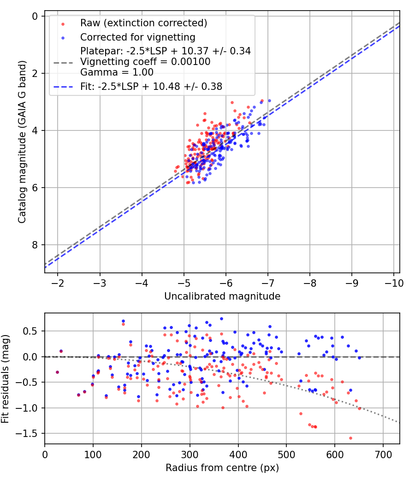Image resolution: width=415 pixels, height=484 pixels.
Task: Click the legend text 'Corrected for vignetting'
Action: pyautogui.click(x=138, y=37)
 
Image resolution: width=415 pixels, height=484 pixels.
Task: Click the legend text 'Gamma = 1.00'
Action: pyautogui.click(x=117, y=72)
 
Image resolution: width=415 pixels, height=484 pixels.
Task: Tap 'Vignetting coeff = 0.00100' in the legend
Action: pyautogui.click(x=145, y=62)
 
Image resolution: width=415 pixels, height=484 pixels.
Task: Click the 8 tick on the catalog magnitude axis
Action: pyautogui.click(x=35, y=245)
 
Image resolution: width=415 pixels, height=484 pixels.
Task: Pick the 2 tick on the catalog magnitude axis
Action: pyautogui.click(x=35, y=73)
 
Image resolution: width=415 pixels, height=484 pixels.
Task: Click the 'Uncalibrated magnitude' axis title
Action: pyautogui.click(x=222, y=296)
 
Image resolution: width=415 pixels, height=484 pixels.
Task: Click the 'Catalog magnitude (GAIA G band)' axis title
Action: pyautogui.click(x=22, y=144)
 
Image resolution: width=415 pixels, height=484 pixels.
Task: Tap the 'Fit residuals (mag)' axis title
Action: pyautogui.click(x=6, y=378)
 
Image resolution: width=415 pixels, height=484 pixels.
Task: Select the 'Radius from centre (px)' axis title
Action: pyautogui.click(x=222, y=468)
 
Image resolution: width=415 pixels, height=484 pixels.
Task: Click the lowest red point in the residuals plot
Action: pyautogui.click(x=350, y=438)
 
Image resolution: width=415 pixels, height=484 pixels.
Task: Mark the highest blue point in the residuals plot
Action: pyautogui.click(x=221, y=319)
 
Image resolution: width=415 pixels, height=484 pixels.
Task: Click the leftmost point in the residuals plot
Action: pyautogui.click(x=57, y=372)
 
